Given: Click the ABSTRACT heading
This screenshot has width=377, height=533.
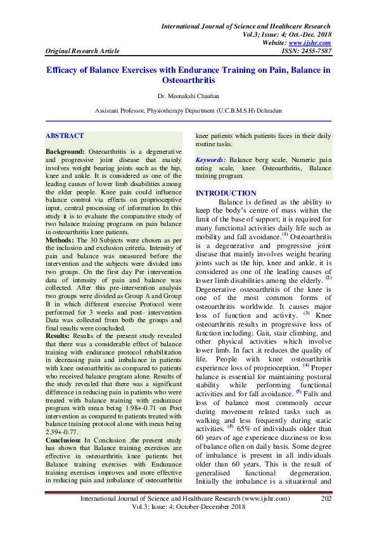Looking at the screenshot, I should (x=65, y=135).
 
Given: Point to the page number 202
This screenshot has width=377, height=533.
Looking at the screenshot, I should (x=327, y=499).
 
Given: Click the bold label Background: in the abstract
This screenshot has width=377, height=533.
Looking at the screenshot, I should (x=65, y=153).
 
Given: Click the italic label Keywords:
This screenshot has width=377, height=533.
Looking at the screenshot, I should (x=210, y=160).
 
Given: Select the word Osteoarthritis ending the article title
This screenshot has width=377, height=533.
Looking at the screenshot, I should (x=188, y=81).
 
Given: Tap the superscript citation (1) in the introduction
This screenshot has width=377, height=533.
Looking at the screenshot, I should (x=285, y=232).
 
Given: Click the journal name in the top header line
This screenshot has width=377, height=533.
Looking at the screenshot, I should (x=246, y=26).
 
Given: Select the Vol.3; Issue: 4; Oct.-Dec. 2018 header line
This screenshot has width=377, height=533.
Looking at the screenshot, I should (x=283, y=34).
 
